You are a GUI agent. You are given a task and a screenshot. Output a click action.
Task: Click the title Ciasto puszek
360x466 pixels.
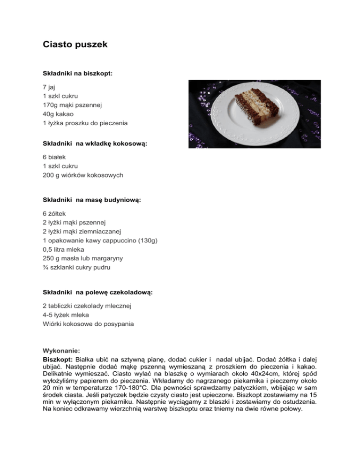[x=75, y=45]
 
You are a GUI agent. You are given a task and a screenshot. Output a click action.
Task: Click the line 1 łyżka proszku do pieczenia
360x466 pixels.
[x=85, y=123]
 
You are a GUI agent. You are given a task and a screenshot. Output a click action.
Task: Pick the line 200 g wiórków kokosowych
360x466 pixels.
[x=82, y=175]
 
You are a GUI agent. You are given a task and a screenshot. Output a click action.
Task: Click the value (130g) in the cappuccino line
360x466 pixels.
[x=147, y=240]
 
